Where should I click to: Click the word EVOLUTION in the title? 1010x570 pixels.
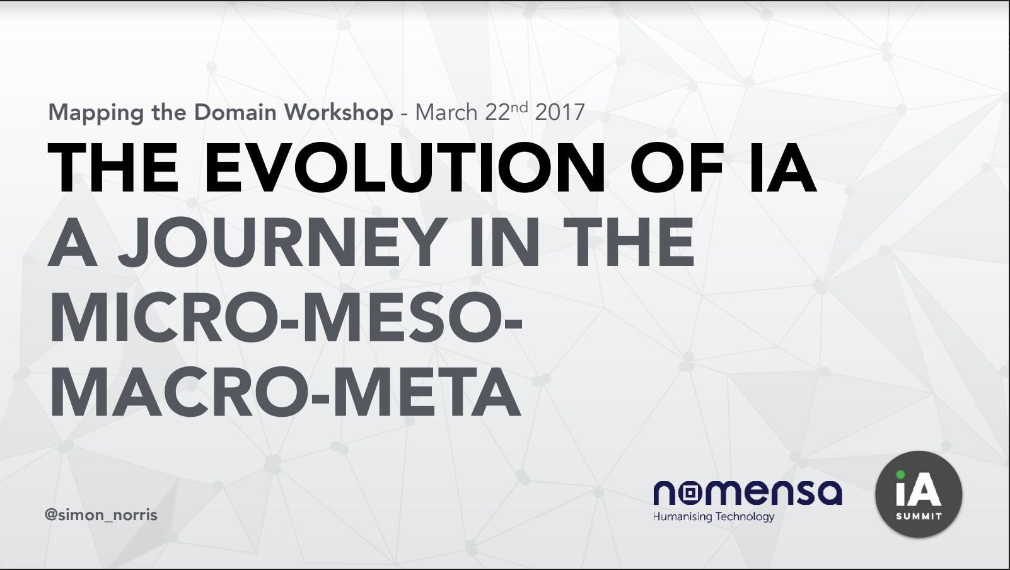tap(403, 168)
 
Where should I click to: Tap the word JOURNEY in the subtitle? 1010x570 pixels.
tap(282, 242)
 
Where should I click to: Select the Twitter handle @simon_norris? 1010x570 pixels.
tap(101, 515)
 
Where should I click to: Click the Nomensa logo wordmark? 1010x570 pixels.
tap(748, 492)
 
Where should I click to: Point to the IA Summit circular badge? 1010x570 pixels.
tap(919, 494)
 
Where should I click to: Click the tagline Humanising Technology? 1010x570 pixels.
tap(714, 517)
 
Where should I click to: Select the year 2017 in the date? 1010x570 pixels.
tap(560, 112)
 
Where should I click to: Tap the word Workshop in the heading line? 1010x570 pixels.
tap(339, 112)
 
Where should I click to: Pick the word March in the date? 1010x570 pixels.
tap(446, 112)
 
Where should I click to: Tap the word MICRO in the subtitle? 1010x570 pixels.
tap(165, 317)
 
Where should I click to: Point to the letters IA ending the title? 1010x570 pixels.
tap(783, 168)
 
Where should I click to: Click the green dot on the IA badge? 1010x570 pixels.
tap(900, 474)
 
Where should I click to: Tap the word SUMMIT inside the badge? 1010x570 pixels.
tap(919, 517)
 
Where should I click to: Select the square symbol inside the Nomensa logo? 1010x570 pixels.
tap(690, 493)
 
